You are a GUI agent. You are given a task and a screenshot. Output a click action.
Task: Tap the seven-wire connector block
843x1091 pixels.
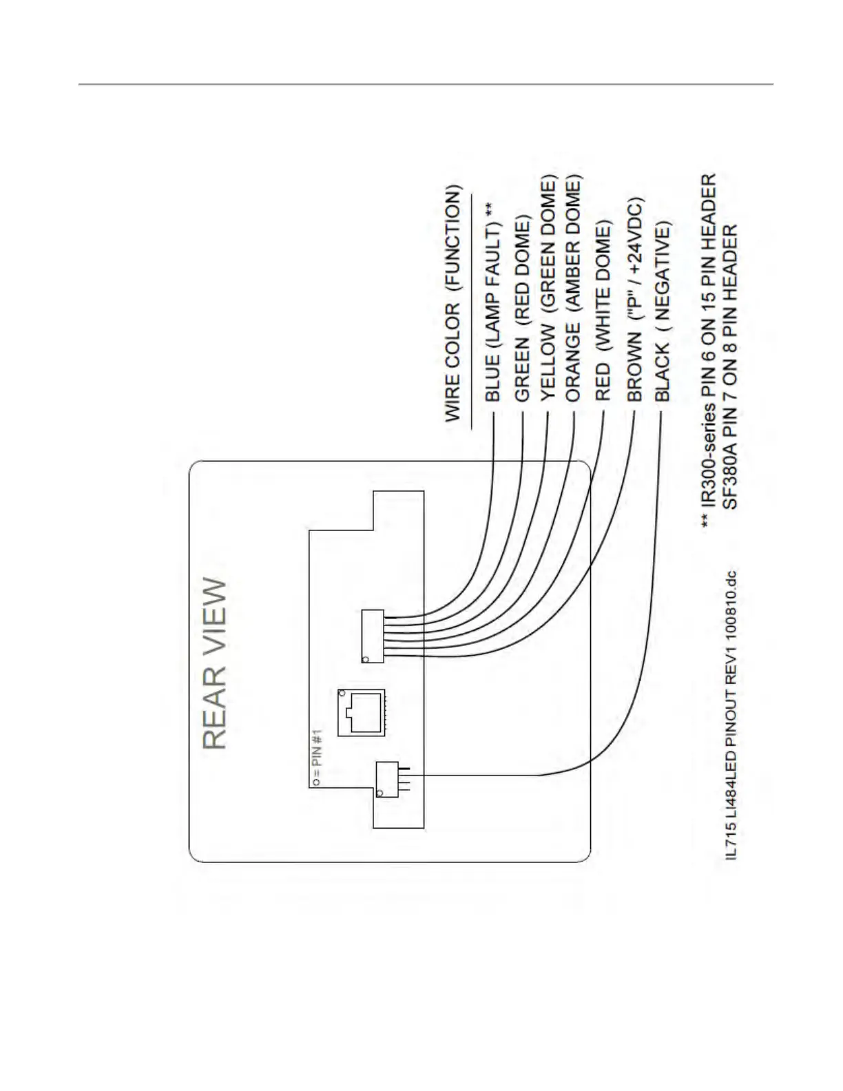(x=373, y=636)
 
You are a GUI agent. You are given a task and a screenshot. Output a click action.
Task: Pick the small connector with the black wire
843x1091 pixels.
(x=387, y=779)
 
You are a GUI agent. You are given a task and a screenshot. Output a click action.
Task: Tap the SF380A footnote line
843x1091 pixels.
(x=731, y=366)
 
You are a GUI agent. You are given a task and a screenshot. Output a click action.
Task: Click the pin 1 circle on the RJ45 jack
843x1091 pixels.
(x=342, y=692)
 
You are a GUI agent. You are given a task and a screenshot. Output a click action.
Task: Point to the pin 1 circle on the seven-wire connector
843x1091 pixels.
(x=365, y=659)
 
